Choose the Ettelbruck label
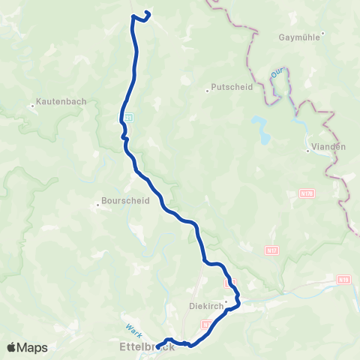(147, 346)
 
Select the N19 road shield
(344, 279)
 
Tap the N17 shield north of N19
(271, 250)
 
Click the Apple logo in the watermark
(13, 347)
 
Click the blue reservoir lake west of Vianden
(262, 129)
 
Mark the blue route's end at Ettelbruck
(157, 346)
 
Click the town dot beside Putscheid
(208, 91)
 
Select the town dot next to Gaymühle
(322, 32)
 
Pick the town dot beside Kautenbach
(33, 106)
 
